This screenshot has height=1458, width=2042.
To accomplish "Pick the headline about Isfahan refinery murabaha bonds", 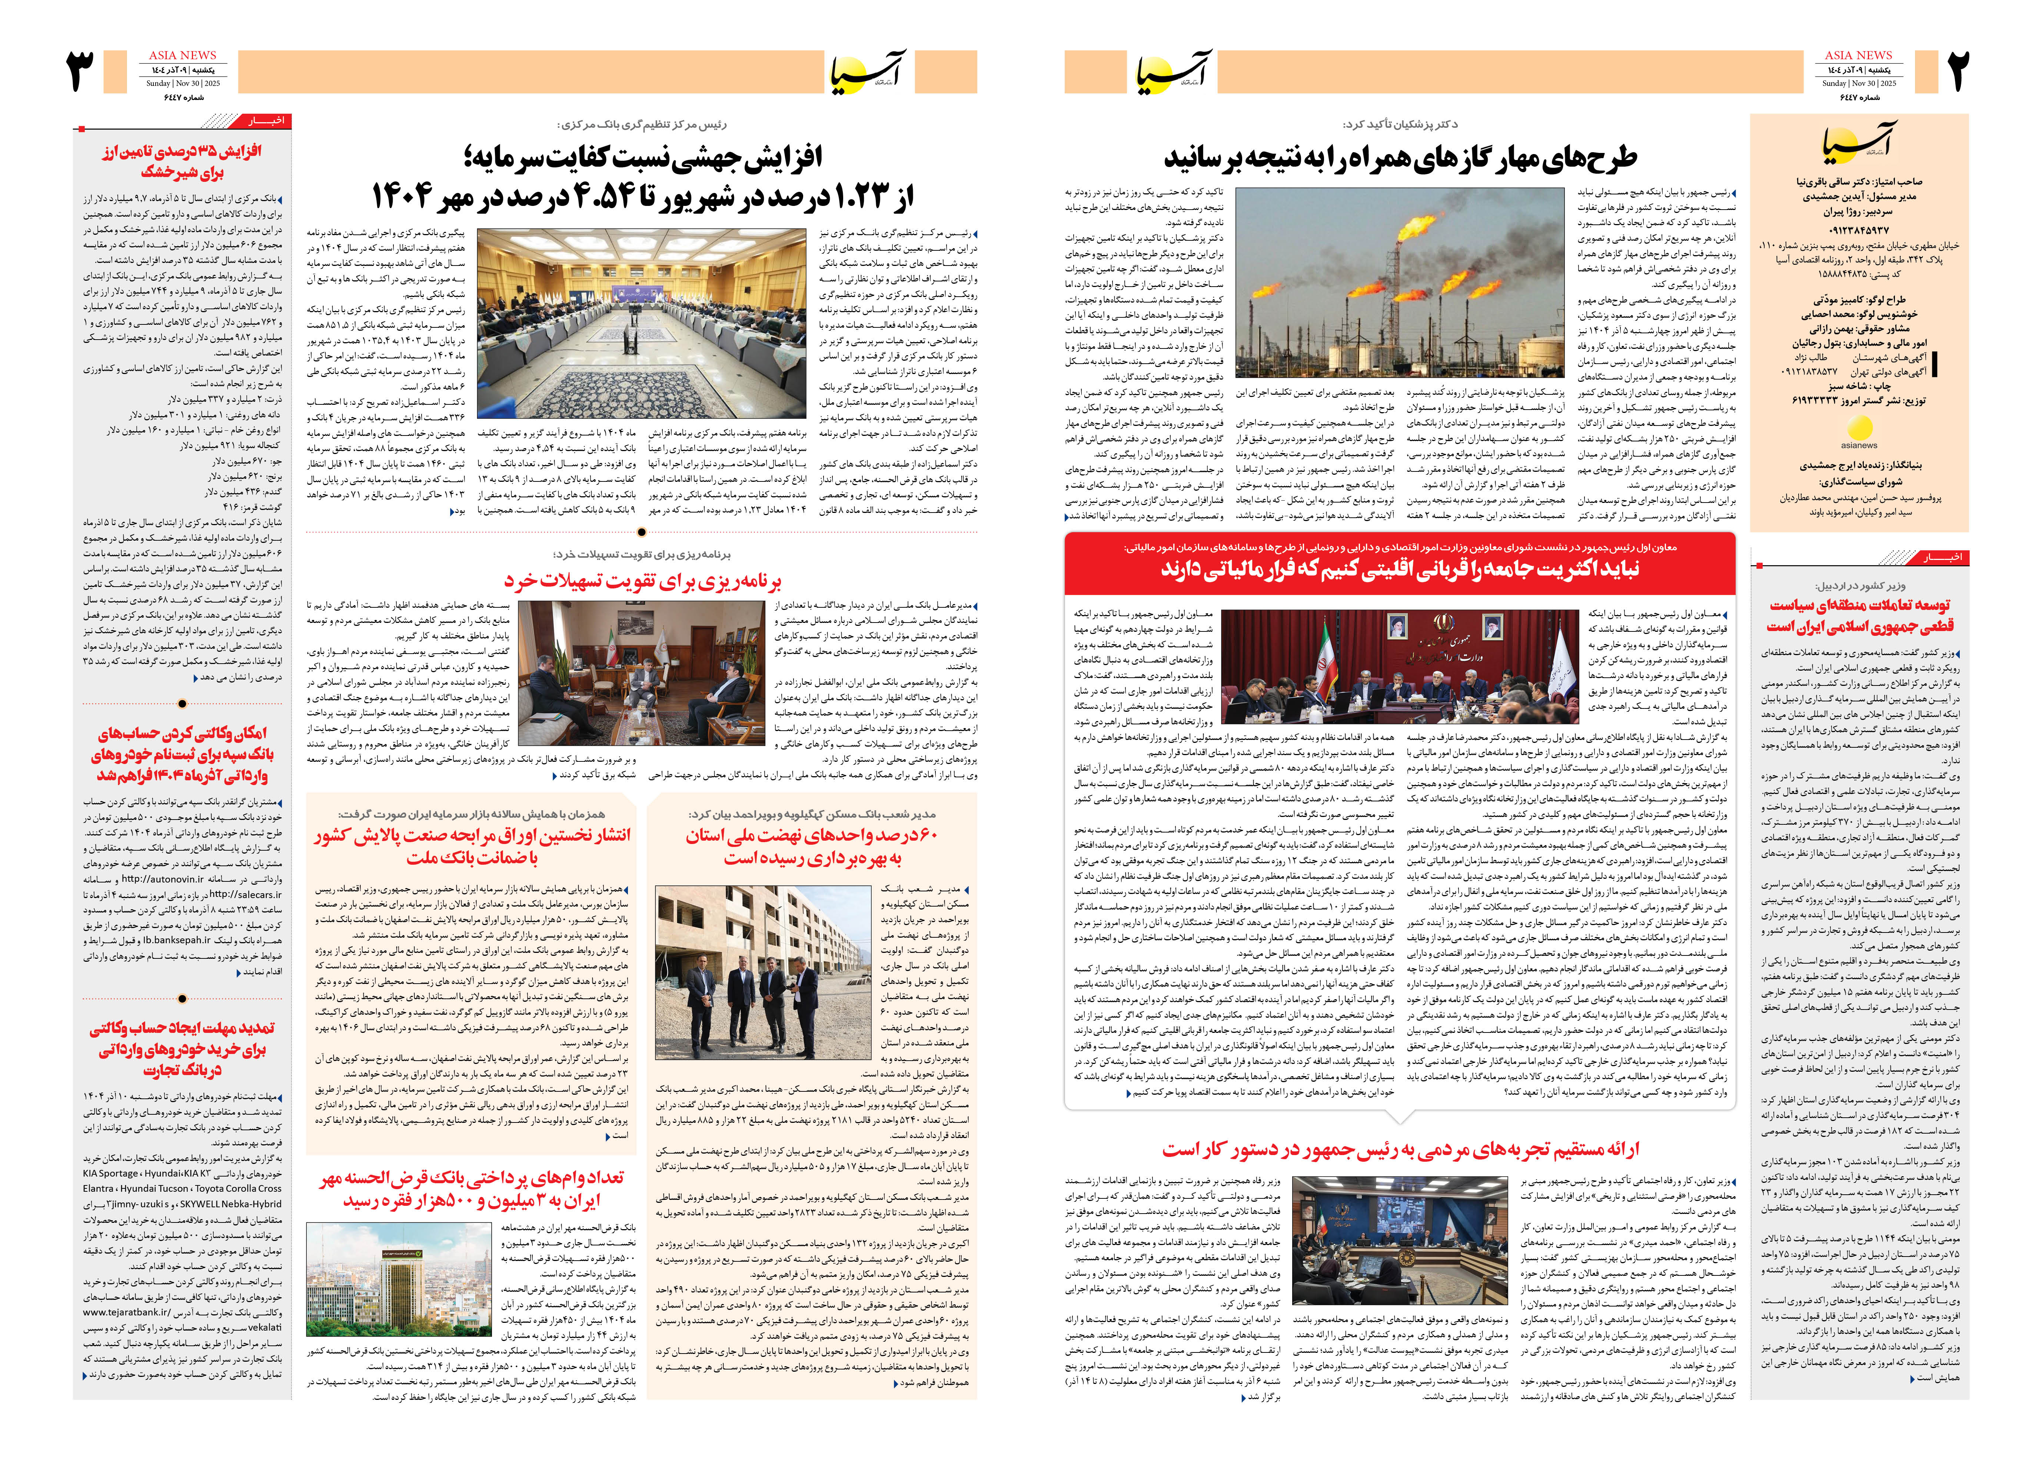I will pos(472,846).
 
